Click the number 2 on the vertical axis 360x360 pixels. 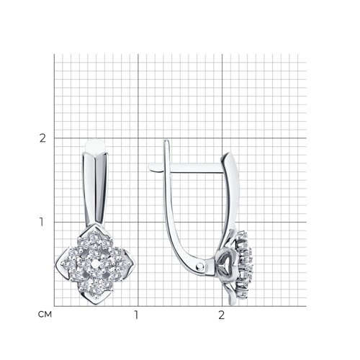(42, 138)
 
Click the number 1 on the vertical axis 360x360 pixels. (42, 222)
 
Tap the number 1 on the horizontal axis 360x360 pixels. (136, 315)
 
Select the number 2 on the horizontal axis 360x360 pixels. (221, 315)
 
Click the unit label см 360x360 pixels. (45, 315)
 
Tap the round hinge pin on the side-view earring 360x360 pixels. (199, 266)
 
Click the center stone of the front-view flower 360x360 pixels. (96, 264)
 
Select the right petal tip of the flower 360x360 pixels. (135, 264)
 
